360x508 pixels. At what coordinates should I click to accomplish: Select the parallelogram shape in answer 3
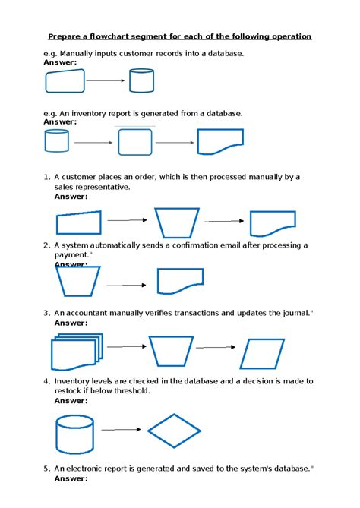[x=263, y=353]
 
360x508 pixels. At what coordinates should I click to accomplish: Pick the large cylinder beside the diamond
[x=74, y=434]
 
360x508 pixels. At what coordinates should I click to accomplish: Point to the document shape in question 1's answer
[x=272, y=223]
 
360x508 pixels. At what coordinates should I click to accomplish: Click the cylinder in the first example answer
[x=141, y=80]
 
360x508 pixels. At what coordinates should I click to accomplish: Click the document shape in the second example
[x=220, y=141]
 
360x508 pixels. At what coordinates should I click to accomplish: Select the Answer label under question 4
[x=71, y=400]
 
